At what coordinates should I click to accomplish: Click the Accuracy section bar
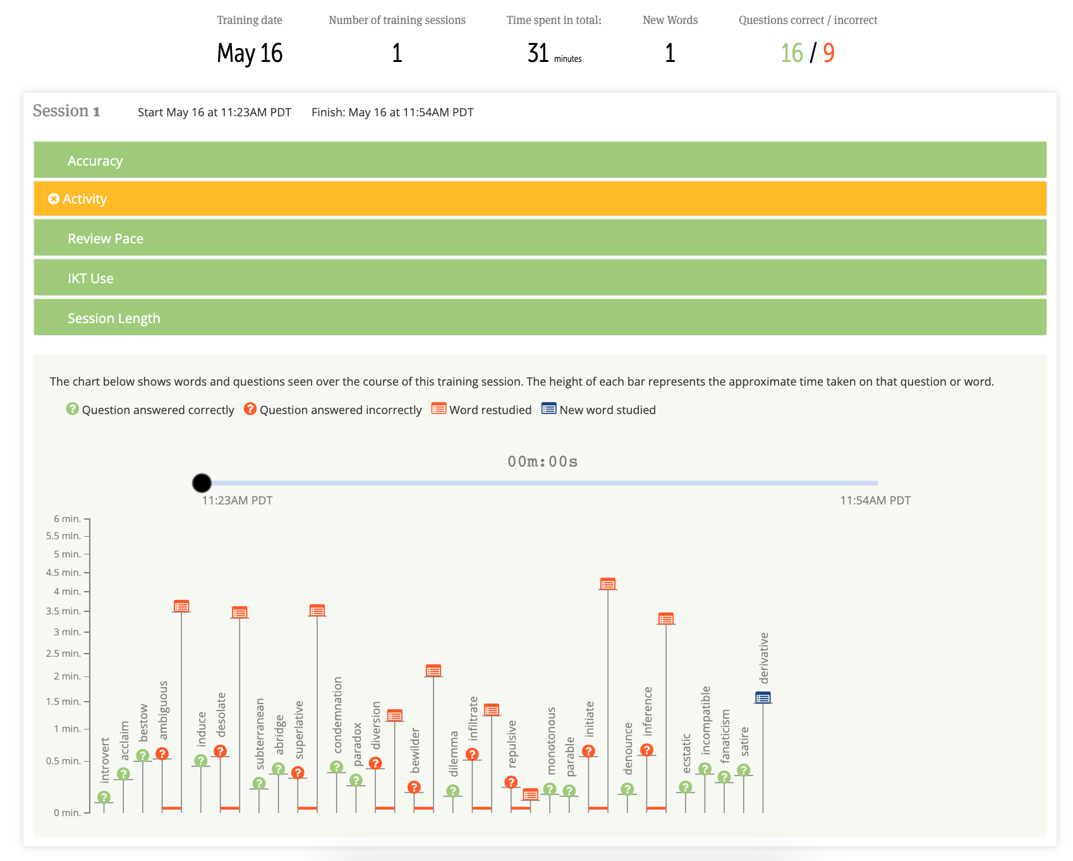pos(540,161)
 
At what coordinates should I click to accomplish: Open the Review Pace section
pos(540,238)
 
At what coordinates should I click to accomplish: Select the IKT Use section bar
pos(540,278)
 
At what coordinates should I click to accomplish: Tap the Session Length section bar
pos(540,318)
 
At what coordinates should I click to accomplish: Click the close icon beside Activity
pos(54,199)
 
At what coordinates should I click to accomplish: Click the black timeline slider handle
pos(202,483)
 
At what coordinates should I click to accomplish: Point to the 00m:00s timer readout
pos(542,461)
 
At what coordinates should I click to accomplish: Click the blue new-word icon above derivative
pos(763,698)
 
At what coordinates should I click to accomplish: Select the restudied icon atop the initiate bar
pos(607,584)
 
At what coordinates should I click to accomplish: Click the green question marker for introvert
pos(104,797)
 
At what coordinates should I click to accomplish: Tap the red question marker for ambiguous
pos(162,754)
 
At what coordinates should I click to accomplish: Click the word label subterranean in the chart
pos(260,733)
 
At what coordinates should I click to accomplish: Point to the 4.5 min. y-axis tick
pos(63,573)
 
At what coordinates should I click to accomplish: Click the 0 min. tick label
pos(67,813)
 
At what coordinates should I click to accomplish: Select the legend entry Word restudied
pos(482,410)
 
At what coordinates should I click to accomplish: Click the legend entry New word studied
pos(598,410)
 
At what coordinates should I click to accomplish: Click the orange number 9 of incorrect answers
pos(828,53)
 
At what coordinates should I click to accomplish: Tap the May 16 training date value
pos(250,53)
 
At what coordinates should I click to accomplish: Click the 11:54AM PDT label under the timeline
pos(875,501)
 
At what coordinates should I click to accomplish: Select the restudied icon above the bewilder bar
pos(433,671)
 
